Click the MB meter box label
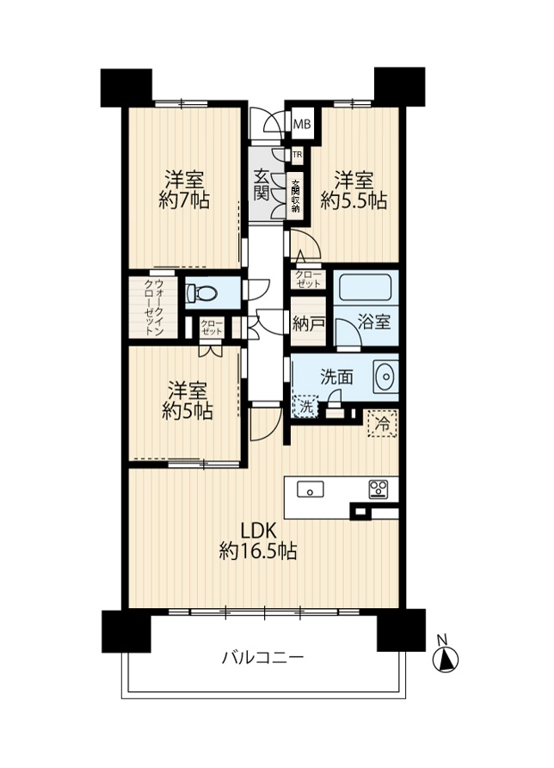click(302, 125)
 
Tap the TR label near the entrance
click(297, 156)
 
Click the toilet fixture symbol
click(201, 293)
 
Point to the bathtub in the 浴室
click(365, 286)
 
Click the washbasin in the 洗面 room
click(385, 377)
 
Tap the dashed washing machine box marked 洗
click(305, 407)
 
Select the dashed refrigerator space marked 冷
click(383, 424)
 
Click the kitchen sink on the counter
click(311, 488)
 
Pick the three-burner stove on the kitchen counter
click(378, 489)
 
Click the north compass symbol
click(446, 656)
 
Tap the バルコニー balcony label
click(263, 657)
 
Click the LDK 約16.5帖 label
click(258, 541)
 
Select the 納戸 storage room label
click(308, 323)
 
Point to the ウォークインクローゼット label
click(153, 307)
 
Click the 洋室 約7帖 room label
click(184, 190)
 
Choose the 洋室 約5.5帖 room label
click(354, 190)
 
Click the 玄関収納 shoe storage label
click(296, 196)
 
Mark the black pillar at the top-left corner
click(126, 88)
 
